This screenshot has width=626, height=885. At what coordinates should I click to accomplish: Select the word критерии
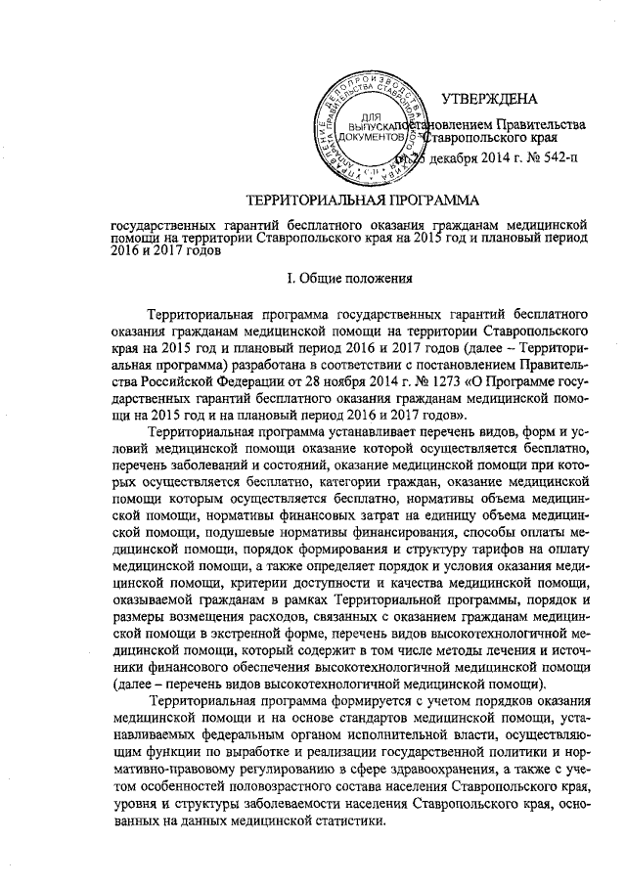point(264,587)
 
